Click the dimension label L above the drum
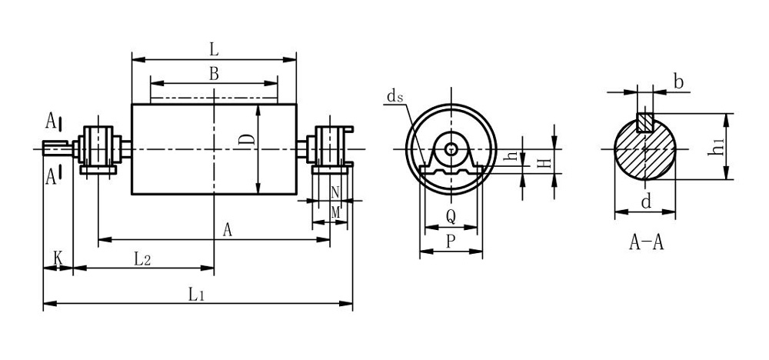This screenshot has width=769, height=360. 214,49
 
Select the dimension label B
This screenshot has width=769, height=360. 214,74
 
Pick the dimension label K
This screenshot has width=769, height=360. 58,258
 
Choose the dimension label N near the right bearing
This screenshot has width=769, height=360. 335,192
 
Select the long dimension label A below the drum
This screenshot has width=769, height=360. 227,229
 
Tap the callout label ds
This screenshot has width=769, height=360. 395,96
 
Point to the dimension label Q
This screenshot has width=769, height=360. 451,218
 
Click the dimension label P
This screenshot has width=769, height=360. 451,241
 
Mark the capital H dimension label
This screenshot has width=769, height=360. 543,163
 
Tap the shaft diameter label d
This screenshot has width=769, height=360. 646,203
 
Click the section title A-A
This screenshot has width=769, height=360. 646,244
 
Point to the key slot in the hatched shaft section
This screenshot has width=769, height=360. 646,122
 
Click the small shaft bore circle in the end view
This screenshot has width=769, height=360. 451,148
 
